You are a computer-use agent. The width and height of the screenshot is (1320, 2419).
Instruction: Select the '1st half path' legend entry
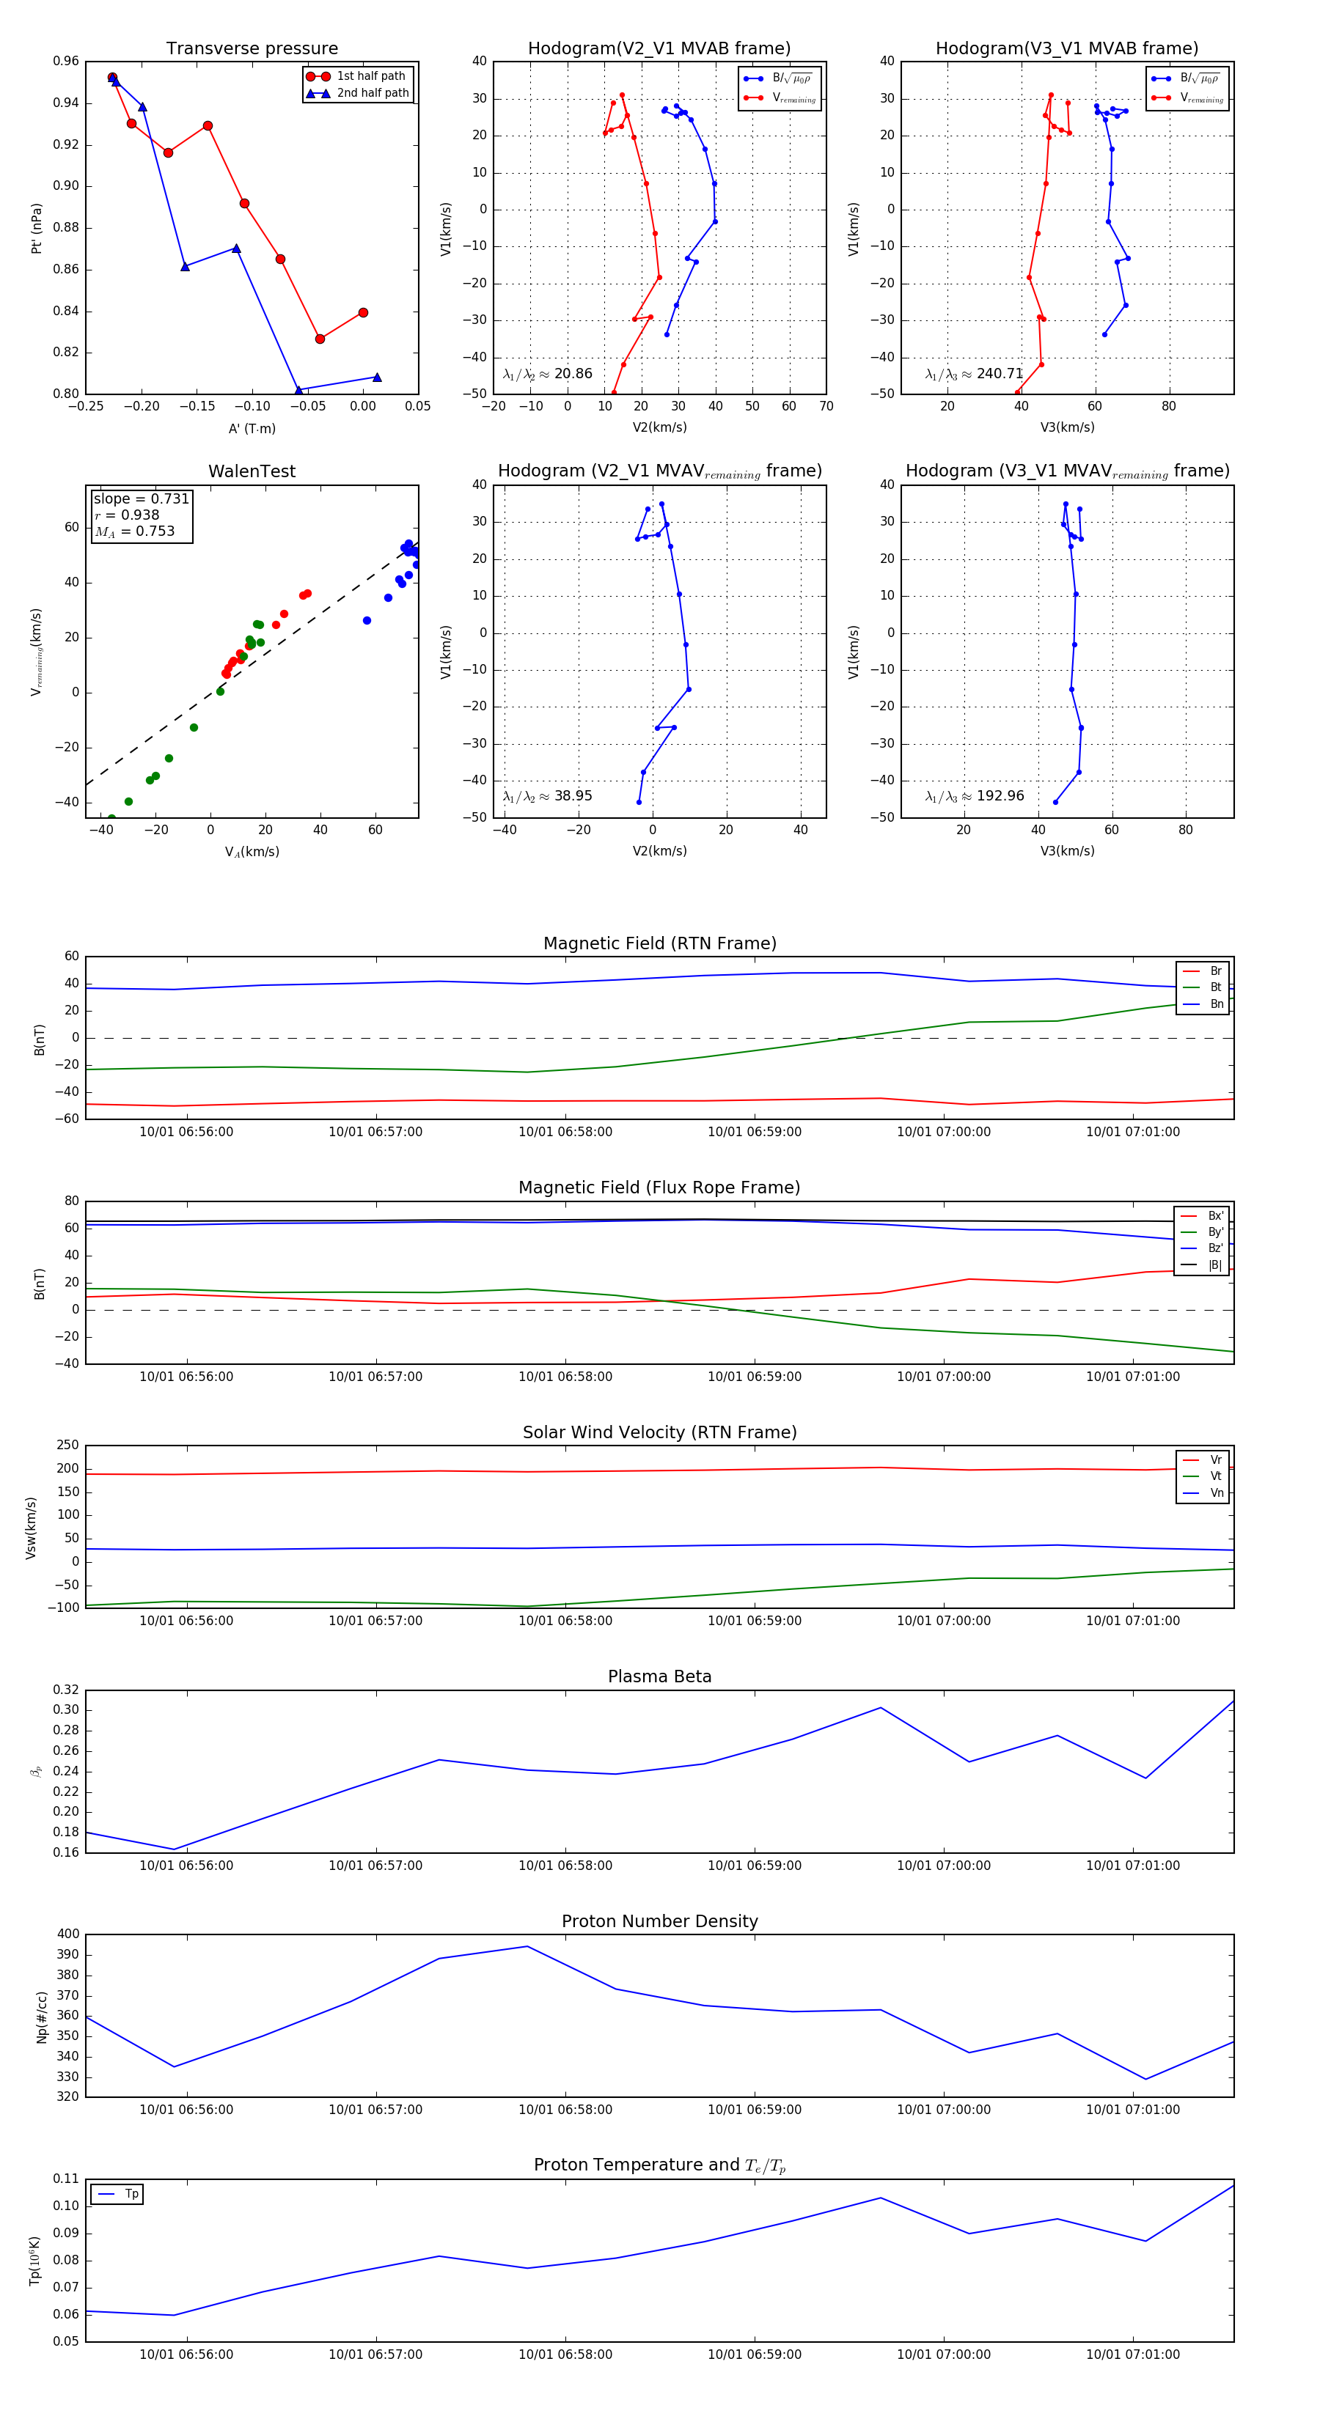(x=370, y=76)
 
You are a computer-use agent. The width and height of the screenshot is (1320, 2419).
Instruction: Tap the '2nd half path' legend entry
(x=372, y=93)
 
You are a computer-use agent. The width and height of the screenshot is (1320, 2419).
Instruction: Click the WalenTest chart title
(x=252, y=471)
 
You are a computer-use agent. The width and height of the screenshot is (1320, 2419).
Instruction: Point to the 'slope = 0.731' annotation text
(x=141, y=498)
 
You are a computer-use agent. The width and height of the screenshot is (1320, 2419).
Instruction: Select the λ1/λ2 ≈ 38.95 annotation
(x=547, y=796)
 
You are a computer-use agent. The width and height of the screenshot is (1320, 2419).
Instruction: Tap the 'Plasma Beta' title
(x=659, y=1677)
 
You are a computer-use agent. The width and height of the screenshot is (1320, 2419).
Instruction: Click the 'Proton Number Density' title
(x=659, y=1921)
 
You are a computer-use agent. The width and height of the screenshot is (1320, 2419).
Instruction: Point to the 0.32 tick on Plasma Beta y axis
(x=66, y=1690)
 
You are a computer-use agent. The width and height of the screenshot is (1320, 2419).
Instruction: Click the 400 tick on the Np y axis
(x=69, y=1934)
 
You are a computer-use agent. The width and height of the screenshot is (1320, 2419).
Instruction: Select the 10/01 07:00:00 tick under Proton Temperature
(x=943, y=2354)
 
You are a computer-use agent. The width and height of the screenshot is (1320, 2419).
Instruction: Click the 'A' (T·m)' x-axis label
(x=252, y=428)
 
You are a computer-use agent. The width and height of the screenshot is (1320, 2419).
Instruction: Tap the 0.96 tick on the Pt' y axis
(x=66, y=61)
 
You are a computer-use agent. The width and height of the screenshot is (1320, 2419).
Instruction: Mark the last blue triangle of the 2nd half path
(x=377, y=378)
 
